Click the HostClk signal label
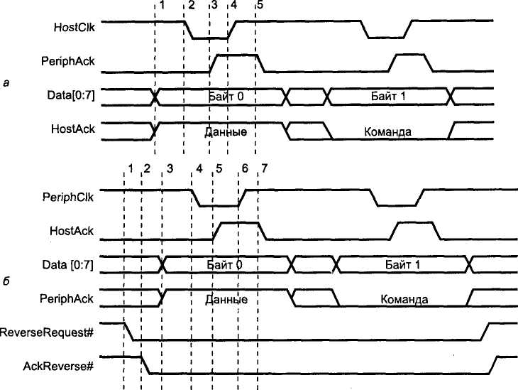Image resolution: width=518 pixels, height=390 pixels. pyautogui.click(x=74, y=27)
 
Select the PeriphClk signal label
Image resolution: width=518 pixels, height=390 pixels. pyautogui.click(x=68, y=197)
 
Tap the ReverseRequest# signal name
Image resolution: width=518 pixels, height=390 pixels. pyautogui.click(x=47, y=332)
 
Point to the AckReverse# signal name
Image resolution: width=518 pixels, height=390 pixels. pyautogui.click(x=58, y=366)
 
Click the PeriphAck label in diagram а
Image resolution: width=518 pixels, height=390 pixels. pyautogui.click(x=67, y=61)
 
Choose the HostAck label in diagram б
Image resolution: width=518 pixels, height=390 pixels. pyautogui.click(x=72, y=231)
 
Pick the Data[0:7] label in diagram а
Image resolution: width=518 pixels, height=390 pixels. pyautogui.click(x=71, y=95)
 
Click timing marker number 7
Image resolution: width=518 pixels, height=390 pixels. pyautogui.click(x=264, y=168)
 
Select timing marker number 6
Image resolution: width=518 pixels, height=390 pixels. pyautogui.click(x=245, y=168)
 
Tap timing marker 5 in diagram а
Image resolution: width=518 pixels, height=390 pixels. pyautogui.click(x=260, y=5)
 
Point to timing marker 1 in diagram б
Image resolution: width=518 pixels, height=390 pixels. pyautogui.click(x=131, y=168)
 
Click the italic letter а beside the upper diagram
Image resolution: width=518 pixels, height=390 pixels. pyautogui.click(x=6, y=83)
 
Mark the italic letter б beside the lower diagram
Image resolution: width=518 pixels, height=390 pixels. pyautogui.click(x=6, y=282)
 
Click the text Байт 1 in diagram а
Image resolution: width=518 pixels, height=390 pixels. pyautogui.click(x=388, y=97)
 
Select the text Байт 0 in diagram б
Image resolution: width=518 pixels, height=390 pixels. pyautogui.click(x=224, y=265)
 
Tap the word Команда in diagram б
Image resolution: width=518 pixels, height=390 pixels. pyautogui.click(x=404, y=299)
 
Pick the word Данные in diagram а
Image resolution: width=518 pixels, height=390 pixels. pyautogui.click(x=226, y=131)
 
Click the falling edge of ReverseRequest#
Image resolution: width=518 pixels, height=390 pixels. pyautogui.click(x=129, y=331)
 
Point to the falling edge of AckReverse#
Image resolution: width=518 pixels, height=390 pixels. pyautogui.click(x=145, y=366)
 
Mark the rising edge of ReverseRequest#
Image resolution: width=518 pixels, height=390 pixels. pyautogui.click(x=485, y=332)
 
